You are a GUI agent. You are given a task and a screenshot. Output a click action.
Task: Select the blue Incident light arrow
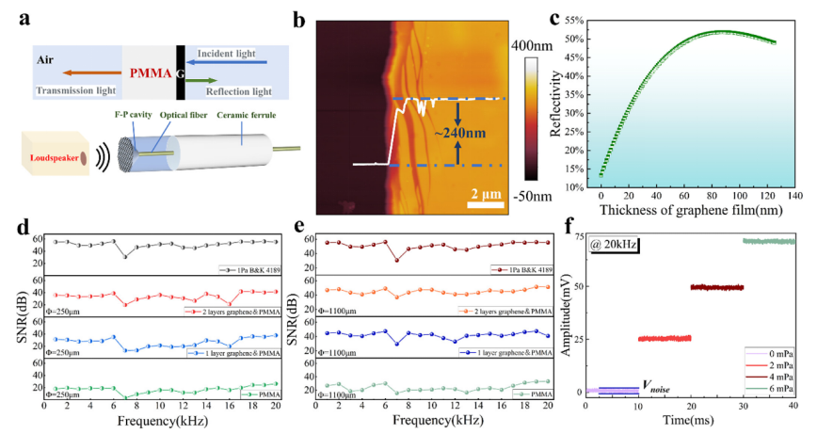235,58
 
